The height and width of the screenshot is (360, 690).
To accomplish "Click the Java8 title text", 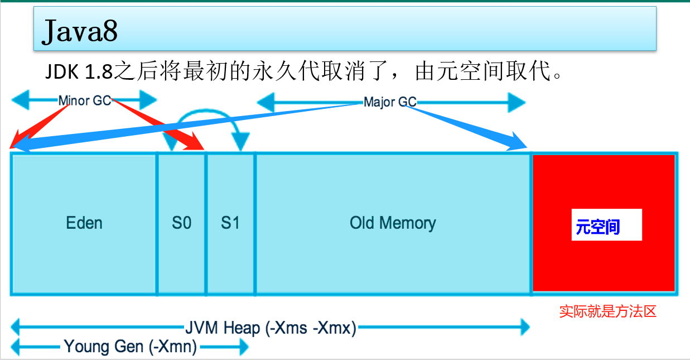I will point(80,32).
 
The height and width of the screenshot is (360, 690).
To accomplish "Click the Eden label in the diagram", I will point(84,223).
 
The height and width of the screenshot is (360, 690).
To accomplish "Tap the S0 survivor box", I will point(181,223).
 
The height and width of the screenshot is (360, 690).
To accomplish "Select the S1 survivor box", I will point(230,223).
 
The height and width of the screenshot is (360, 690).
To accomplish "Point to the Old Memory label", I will point(393,223).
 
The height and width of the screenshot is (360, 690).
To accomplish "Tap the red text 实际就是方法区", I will point(607,311).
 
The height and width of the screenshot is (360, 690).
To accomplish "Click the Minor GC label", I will point(85,101).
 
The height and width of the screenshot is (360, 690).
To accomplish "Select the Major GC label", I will point(390,102).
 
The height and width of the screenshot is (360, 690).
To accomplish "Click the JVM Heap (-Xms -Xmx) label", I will point(271,328).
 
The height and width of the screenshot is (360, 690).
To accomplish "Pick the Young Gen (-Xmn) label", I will point(131,347).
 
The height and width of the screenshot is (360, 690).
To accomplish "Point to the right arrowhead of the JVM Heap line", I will point(524,328).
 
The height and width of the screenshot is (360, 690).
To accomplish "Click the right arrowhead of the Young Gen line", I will point(243,347).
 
